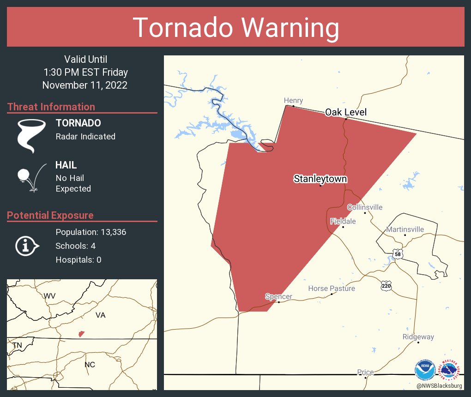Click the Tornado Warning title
click(235, 28)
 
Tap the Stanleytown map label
click(320, 179)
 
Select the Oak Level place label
click(346, 112)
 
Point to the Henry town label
click(293, 101)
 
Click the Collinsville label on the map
click(365, 207)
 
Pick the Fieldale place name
click(343, 222)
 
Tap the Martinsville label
click(405, 229)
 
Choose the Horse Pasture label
click(332, 289)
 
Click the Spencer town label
click(278, 296)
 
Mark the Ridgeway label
click(418, 337)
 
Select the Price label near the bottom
click(365, 373)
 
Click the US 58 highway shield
click(398, 254)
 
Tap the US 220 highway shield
click(386, 286)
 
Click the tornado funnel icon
click(31, 135)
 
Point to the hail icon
click(31, 177)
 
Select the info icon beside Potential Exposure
click(26, 246)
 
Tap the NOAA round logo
click(425, 371)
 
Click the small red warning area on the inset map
click(81, 333)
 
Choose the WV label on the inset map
click(49, 296)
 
